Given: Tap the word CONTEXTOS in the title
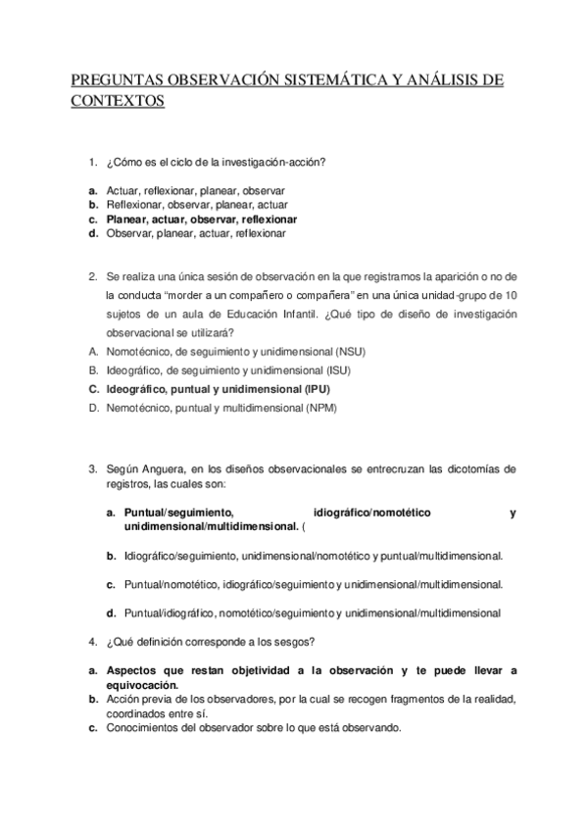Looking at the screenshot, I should [119, 101].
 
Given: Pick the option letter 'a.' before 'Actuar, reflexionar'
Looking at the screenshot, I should [91, 190].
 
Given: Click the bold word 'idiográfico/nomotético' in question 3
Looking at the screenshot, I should [375, 513].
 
